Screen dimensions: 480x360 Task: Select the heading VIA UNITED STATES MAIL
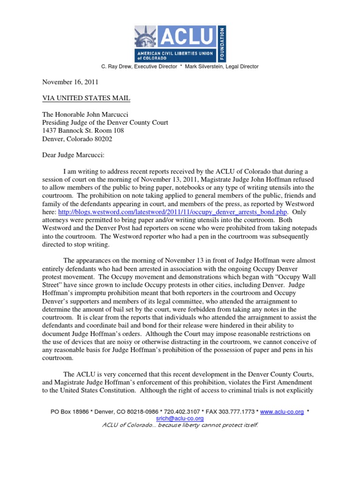(x=86, y=98)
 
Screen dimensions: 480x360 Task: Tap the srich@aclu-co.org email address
(x=180, y=418)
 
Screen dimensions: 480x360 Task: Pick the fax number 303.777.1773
(x=236, y=412)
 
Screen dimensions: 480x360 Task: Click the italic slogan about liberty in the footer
(x=180, y=425)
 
